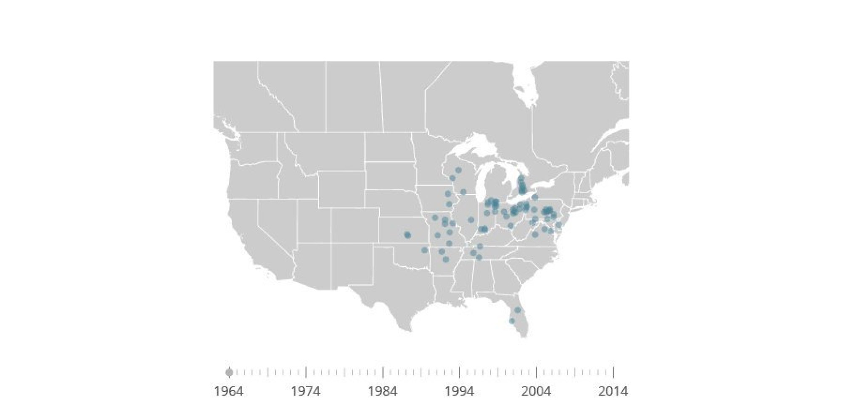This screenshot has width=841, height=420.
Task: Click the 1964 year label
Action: point(229,391)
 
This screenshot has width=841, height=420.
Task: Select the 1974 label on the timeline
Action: point(306,391)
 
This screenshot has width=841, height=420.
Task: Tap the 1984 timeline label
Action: point(383,391)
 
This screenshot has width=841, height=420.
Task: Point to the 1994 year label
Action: point(459,391)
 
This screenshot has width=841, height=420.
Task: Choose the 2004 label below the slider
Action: point(536,391)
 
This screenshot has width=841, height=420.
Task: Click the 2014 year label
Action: point(613,391)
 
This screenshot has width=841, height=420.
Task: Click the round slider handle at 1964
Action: point(229,372)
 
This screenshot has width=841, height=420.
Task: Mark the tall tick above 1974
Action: point(306,372)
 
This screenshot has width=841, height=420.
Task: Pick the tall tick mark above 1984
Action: point(383,372)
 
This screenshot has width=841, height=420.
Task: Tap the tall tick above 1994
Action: point(460,372)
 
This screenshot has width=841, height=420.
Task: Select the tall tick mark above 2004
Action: point(537,372)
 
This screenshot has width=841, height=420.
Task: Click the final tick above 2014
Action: point(614,372)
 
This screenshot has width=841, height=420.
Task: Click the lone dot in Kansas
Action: point(407,235)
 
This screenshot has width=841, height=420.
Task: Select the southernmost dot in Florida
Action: point(512,321)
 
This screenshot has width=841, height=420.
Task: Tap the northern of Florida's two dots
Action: point(518,310)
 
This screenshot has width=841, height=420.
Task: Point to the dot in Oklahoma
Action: point(425,250)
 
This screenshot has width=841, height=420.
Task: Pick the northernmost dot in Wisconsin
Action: point(458,170)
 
